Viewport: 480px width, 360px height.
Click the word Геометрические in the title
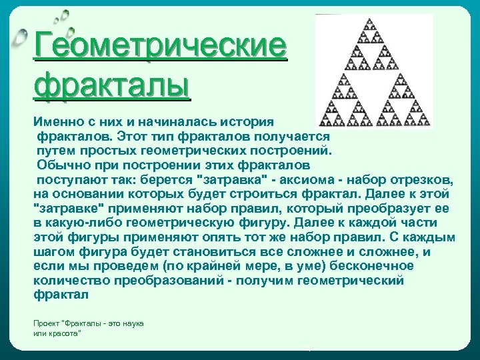pos(161,47)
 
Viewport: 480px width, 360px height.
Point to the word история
pos(249,123)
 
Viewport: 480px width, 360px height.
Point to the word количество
pos(67,280)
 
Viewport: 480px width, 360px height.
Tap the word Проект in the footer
pos(45,323)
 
